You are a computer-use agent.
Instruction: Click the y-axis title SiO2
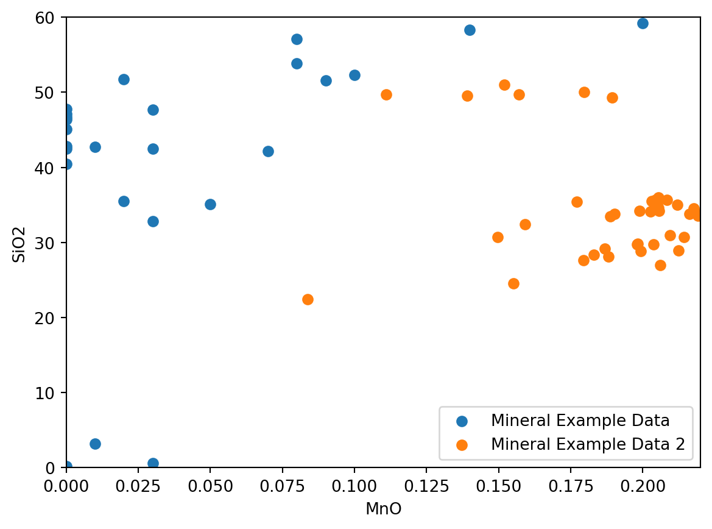(x=19, y=243)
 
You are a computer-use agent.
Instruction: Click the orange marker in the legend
(x=462, y=445)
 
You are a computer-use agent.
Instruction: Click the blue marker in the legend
(x=462, y=421)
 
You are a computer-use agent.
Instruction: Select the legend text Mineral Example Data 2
(x=588, y=445)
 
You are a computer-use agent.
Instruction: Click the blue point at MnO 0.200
(x=643, y=23)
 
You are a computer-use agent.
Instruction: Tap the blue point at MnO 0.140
(x=470, y=30)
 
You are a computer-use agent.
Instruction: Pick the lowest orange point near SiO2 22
(x=308, y=299)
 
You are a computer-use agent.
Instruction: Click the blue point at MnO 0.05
(x=210, y=204)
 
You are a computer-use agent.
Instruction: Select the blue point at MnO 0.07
(x=268, y=151)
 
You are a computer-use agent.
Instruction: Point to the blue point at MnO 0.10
(x=354, y=75)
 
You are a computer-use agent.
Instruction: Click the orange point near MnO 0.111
(x=386, y=94)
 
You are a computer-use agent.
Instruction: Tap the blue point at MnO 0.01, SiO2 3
(x=95, y=444)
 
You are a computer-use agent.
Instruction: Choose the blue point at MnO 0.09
(x=326, y=80)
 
